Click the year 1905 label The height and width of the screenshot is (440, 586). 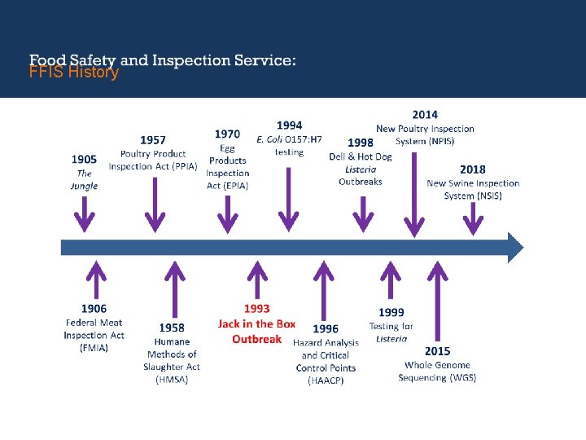click(84, 159)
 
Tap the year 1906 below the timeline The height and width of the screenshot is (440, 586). click(94, 309)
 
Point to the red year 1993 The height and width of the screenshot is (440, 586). click(256, 310)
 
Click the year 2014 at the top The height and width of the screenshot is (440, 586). click(424, 115)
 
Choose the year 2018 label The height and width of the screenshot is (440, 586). click(472, 169)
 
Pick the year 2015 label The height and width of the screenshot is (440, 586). click(437, 351)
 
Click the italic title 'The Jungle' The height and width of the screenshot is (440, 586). click(84, 179)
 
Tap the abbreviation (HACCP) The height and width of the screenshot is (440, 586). click(326, 381)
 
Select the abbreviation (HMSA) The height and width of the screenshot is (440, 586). click(172, 380)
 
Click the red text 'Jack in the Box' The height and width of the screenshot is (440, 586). click(256, 324)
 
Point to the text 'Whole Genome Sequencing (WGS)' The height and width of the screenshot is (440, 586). click(437, 371)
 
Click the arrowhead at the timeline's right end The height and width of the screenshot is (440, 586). click(515, 247)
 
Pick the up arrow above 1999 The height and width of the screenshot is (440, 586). click(391, 281)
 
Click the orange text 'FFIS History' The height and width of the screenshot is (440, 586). click(74, 73)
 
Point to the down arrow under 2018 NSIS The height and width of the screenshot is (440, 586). click(472, 218)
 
